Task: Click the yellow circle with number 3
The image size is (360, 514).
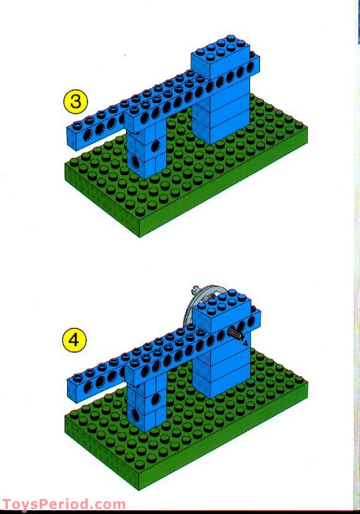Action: pos(75,101)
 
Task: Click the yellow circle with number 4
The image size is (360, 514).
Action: pos(74,340)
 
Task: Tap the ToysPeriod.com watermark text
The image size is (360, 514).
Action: pos(63,504)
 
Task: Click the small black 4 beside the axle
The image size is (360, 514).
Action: pos(246,344)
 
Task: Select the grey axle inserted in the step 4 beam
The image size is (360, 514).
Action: pos(235,334)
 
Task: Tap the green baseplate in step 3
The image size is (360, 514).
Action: pos(186,171)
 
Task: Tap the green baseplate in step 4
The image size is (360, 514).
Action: pos(186,423)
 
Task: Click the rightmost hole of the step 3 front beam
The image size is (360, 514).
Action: pos(250,67)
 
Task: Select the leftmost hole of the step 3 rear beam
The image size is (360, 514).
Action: pos(88,135)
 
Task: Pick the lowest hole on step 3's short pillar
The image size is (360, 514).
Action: pos(135,161)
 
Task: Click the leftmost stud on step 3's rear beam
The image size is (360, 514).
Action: pos(78,125)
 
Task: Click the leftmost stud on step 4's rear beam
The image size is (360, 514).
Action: pos(78,378)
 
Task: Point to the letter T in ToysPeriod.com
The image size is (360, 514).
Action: pos(7,504)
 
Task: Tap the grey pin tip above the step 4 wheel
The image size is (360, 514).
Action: pos(194,289)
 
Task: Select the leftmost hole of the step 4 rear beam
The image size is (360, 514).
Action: pos(88,388)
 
